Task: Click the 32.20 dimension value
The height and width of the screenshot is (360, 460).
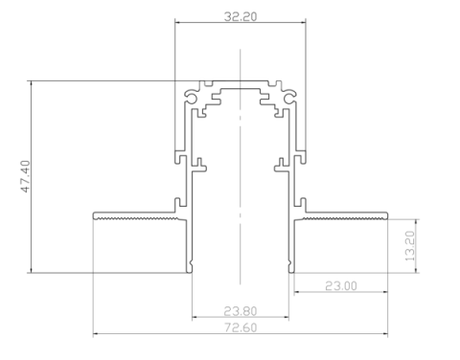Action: [241, 16]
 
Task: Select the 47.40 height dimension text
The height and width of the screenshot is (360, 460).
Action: [25, 176]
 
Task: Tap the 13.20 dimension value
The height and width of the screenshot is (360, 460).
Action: [410, 246]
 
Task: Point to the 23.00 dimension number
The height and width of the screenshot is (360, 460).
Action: [341, 286]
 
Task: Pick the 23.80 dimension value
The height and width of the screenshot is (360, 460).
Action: [241, 311]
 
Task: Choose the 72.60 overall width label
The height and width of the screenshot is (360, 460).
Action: [241, 327]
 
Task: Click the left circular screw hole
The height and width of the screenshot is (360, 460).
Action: [191, 99]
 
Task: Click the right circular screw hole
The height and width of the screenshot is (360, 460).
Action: [289, 99]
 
